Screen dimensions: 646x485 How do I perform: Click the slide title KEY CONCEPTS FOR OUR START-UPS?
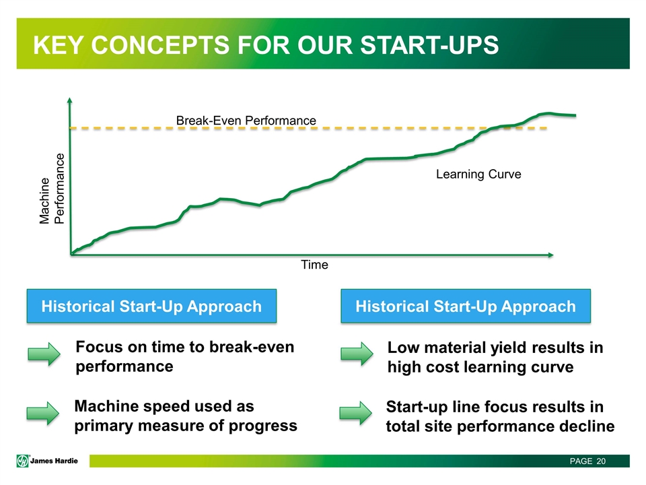coord(266,44)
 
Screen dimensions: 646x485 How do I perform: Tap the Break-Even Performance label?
coord(246,121)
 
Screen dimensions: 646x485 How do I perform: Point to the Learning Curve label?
coord(478,174)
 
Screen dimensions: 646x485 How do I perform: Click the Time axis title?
coord(314,264)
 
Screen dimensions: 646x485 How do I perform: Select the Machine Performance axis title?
coord(52,189)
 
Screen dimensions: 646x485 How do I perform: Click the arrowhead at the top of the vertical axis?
coord(69,100)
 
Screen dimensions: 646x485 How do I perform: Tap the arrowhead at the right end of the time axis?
coord(550,255)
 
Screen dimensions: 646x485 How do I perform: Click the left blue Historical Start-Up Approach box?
coord(151,306)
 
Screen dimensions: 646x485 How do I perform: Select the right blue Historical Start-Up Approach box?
coord(466,306)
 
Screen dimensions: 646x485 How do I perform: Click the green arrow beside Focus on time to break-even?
coord(44,354)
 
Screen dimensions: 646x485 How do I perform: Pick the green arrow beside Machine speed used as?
coord(43,413)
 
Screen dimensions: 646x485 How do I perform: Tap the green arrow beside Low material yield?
coord(357,354)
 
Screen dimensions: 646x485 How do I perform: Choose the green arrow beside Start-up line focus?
coord(355,413)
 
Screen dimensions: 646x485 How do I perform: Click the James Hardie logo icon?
coord(22,461)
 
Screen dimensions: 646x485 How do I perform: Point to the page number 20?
coord(601,461)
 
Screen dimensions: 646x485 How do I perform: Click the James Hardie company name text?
coord(54,461)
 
